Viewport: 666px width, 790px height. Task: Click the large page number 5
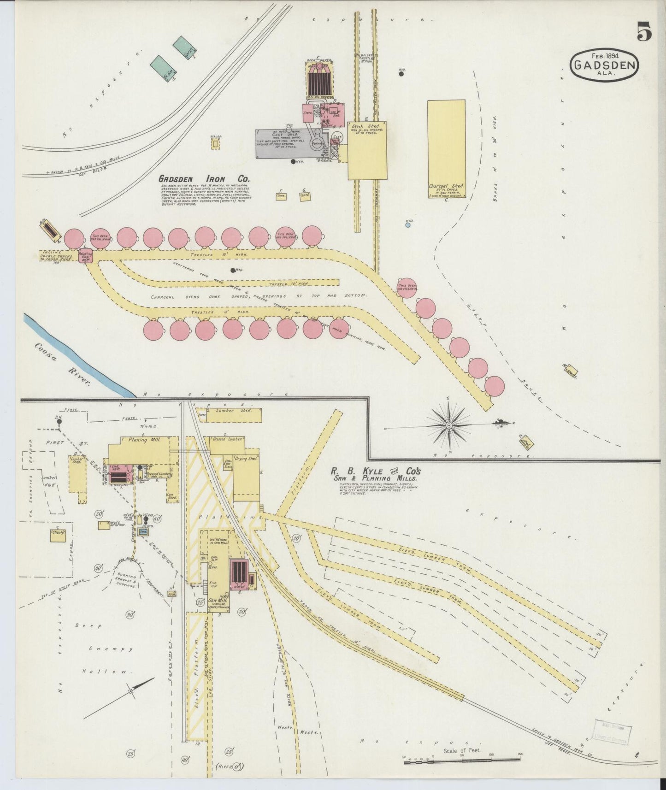644,33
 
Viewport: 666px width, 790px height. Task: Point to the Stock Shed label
365,126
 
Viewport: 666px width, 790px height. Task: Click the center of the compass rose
448,424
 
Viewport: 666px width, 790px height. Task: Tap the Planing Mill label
144,440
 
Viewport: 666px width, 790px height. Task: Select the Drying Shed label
246,459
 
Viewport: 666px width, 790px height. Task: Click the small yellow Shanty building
57,534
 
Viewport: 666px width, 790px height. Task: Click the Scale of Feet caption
461,750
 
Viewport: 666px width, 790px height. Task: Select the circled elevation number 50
98,514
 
